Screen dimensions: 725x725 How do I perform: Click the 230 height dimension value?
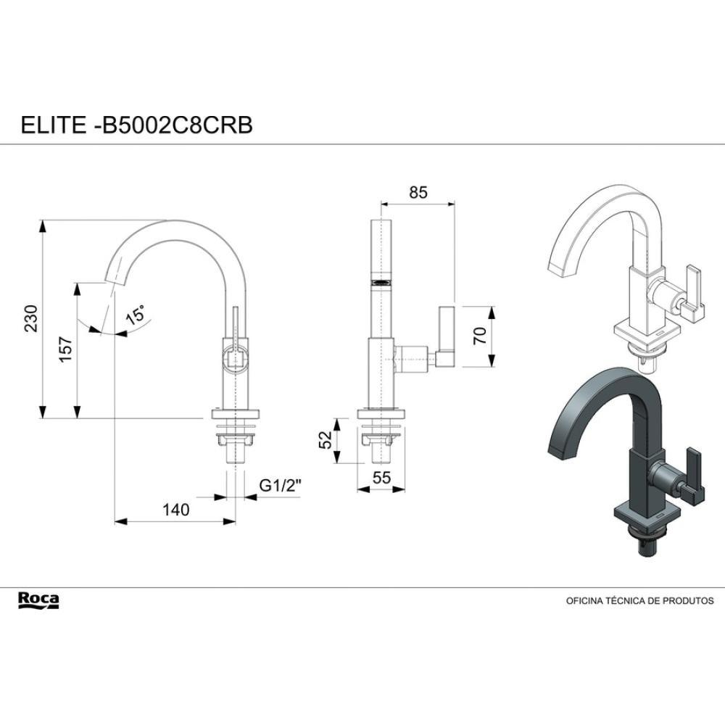point(30,318)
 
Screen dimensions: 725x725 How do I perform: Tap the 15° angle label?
point(136,316)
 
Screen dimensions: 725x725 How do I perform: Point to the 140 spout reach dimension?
point(175,510)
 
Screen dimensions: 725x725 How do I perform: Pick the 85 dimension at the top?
point(418,193)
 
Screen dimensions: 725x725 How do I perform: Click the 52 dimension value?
point(326,439)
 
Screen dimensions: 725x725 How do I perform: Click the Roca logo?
point(38,600)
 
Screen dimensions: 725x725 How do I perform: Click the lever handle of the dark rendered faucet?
point(695,475)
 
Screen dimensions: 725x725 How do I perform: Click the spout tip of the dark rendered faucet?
point(561,449)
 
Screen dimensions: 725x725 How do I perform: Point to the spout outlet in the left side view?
point(112,280)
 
